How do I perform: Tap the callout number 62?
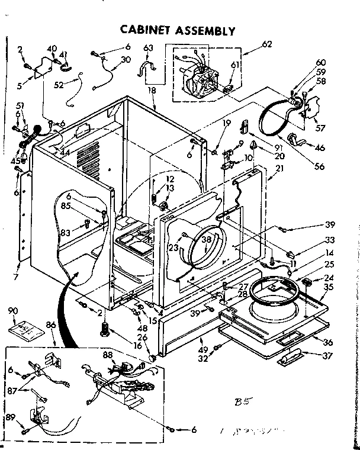click(267, 43)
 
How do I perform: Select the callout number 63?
click(148, 48)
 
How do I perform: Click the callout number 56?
click(320, 167)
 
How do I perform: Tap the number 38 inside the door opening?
click(205, 240)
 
